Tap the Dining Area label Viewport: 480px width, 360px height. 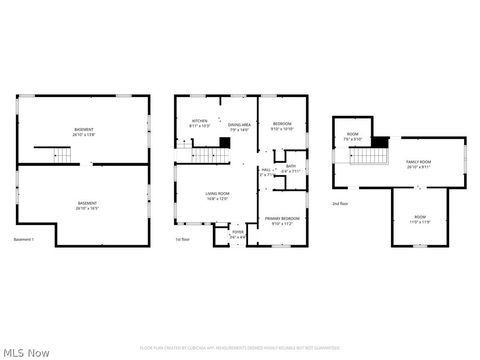point(239,126)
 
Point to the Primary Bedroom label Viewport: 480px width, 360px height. point(282,220)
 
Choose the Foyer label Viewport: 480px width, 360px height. point(238,234)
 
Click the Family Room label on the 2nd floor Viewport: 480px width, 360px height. point(418,164)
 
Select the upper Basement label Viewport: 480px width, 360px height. point(84,133)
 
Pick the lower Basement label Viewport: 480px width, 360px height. point(88,206)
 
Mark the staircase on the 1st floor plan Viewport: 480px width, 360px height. point(205,154)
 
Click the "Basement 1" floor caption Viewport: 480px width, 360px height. point(24,240)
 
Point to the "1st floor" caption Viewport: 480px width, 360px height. point(183,240)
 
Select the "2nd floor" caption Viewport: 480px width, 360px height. point(341,203)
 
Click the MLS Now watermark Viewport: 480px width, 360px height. point(27,352)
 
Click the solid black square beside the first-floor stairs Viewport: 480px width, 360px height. point(225,143)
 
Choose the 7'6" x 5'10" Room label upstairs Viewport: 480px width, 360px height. point(353,136)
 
